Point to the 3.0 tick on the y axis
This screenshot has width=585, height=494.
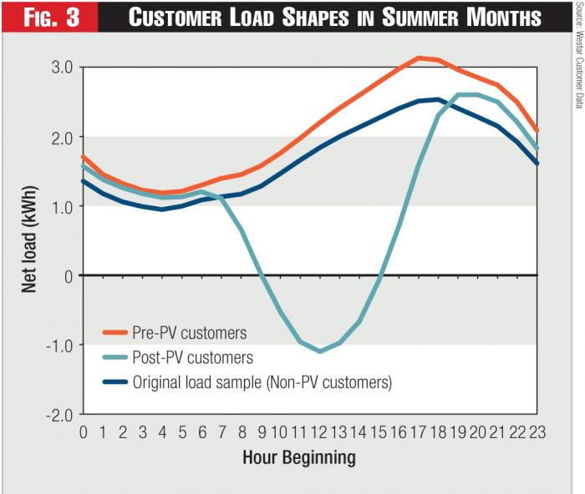coord(60,67)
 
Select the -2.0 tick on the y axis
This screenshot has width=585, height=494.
coord(58,414)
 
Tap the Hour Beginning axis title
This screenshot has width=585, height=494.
coord(298,457)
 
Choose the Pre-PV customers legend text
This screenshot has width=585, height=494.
coord(190,332)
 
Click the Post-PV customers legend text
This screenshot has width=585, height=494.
coord(192,357)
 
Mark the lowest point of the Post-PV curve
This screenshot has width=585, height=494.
coord(319,351)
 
